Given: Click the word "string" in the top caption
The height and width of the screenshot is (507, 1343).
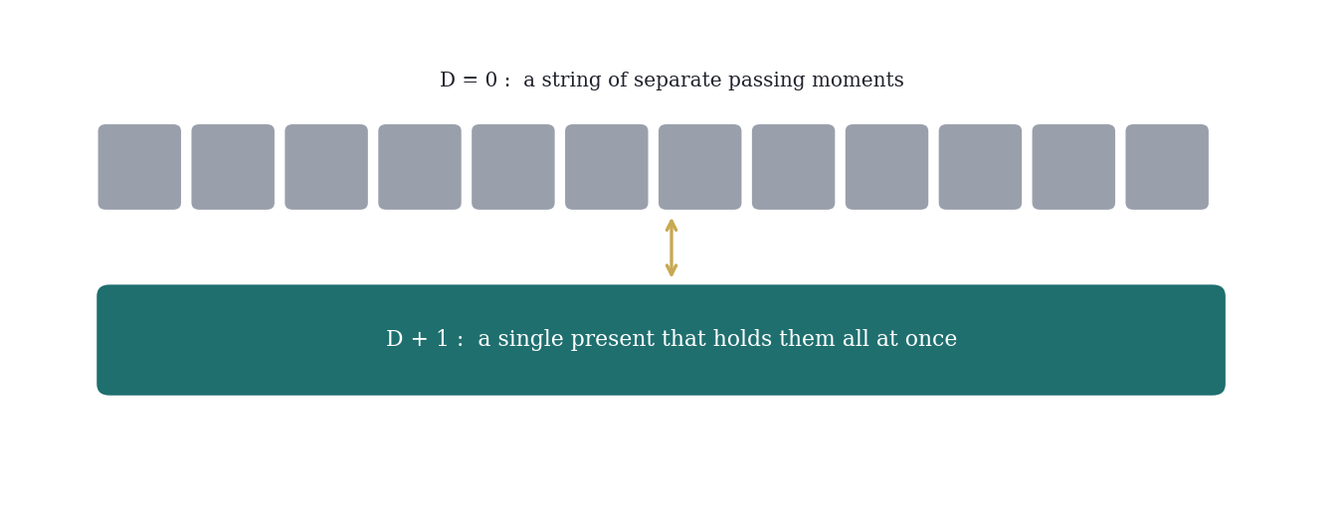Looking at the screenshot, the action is pos(572,81).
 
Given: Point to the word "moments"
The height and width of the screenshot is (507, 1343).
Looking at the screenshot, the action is pos(858,80).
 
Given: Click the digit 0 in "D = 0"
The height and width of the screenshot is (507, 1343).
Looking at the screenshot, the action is pos(491,80).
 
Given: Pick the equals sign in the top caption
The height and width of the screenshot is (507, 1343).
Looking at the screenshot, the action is pos(470,81).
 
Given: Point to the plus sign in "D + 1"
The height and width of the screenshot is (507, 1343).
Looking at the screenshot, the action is pos(420,339).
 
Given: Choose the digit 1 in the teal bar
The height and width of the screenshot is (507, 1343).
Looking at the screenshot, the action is pos(443,339).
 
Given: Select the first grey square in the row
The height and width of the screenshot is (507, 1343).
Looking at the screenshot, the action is pos(139,167).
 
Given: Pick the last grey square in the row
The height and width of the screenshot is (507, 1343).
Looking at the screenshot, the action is pos(1167,167).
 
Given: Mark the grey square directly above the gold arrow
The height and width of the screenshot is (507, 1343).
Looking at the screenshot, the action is pos(699,167).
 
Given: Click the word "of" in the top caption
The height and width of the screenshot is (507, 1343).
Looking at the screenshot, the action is pos(618,80).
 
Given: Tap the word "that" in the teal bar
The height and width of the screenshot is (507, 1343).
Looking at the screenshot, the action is pos(679,339).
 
